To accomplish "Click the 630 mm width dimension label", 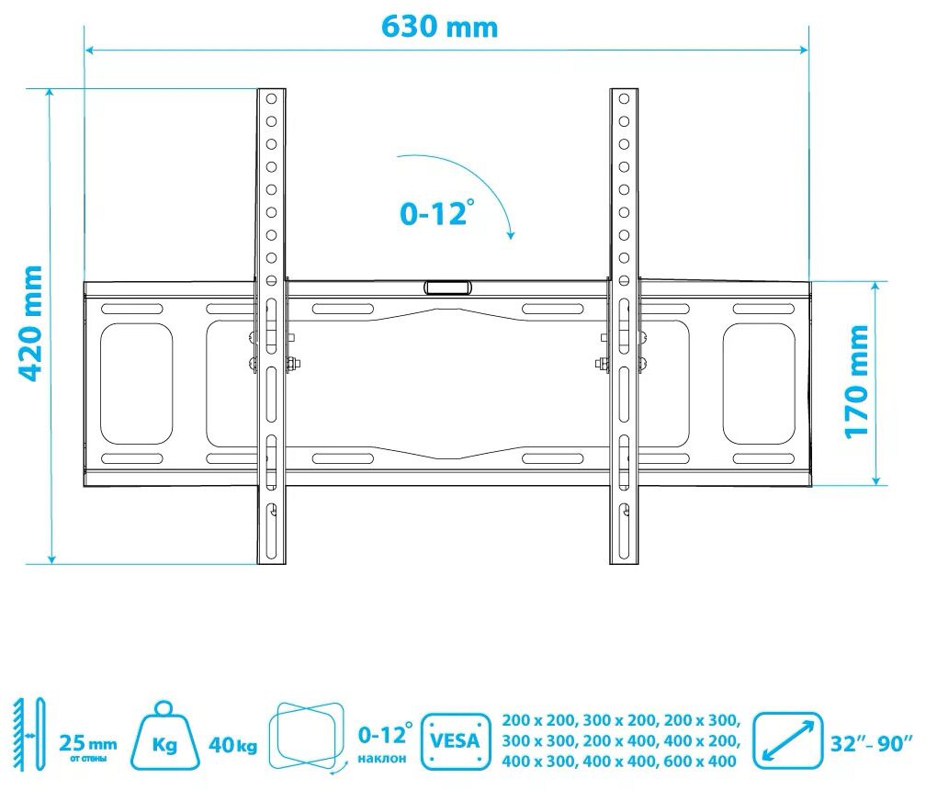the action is click(x=439, y=27).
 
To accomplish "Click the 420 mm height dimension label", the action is click(x=29, y=323).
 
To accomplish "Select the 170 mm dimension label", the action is click(x=856, y=381).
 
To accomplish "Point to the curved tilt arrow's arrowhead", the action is click(x=510, y=234).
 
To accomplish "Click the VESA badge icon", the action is click(x=456, y=740).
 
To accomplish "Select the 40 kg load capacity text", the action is click(x=232, y=745).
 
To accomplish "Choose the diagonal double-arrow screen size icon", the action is click(x=788, y=740).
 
